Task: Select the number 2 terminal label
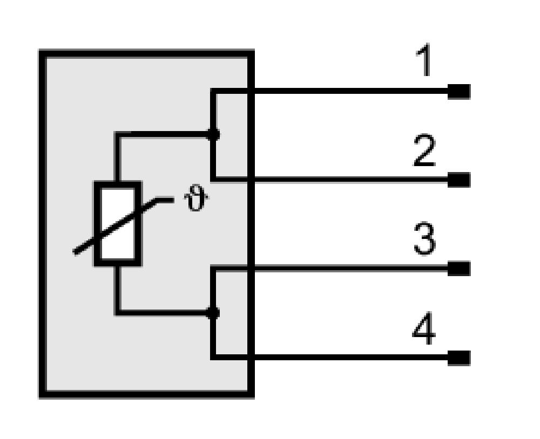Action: [424, 150]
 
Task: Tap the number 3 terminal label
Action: [424, 239]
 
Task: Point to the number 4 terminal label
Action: [424, 328]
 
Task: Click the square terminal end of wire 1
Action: [458, 92]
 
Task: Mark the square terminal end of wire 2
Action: [458, 180]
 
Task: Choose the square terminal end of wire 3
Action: [458, 269]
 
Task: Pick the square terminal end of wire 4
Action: [458, 358]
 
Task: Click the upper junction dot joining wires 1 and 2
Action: [213, 134]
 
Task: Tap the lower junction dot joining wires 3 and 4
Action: [213, 313]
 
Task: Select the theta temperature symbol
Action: [196, 197]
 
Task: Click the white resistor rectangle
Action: [117, 223]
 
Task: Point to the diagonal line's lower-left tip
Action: [75, 252]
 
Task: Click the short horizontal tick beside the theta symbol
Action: [165, 200]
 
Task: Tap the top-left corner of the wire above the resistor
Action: [117, 134]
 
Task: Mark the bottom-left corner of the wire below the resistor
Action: [117, 312]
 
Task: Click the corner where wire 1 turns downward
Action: [213, 91]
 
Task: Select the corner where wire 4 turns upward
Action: [213, 357]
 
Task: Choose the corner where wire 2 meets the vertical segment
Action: [213, 179]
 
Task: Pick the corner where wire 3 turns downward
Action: [213, 269]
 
